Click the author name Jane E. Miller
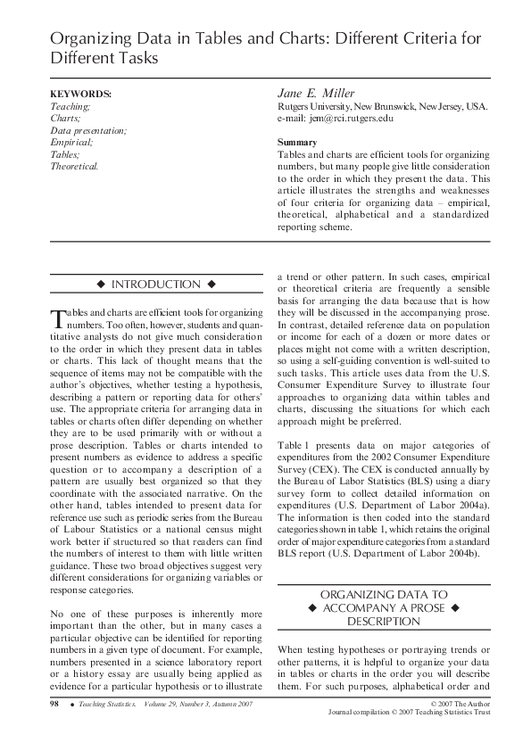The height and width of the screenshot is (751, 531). click(x=317, y=94)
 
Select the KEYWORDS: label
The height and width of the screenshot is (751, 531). click(x=80, y=94)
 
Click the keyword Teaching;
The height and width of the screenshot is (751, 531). click(x=70, y=106)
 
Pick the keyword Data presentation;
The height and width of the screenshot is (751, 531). click(x=88, y=130)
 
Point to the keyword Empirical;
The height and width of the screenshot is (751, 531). click(x=71, y=142)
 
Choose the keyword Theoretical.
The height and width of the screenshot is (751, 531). click(x=74, y=166)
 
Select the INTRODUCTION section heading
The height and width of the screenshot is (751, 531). click(x=155, y=285)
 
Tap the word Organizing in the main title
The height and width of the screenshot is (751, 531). click(x=88, y=39)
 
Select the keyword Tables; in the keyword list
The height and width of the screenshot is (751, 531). click(x=65, y=154)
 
